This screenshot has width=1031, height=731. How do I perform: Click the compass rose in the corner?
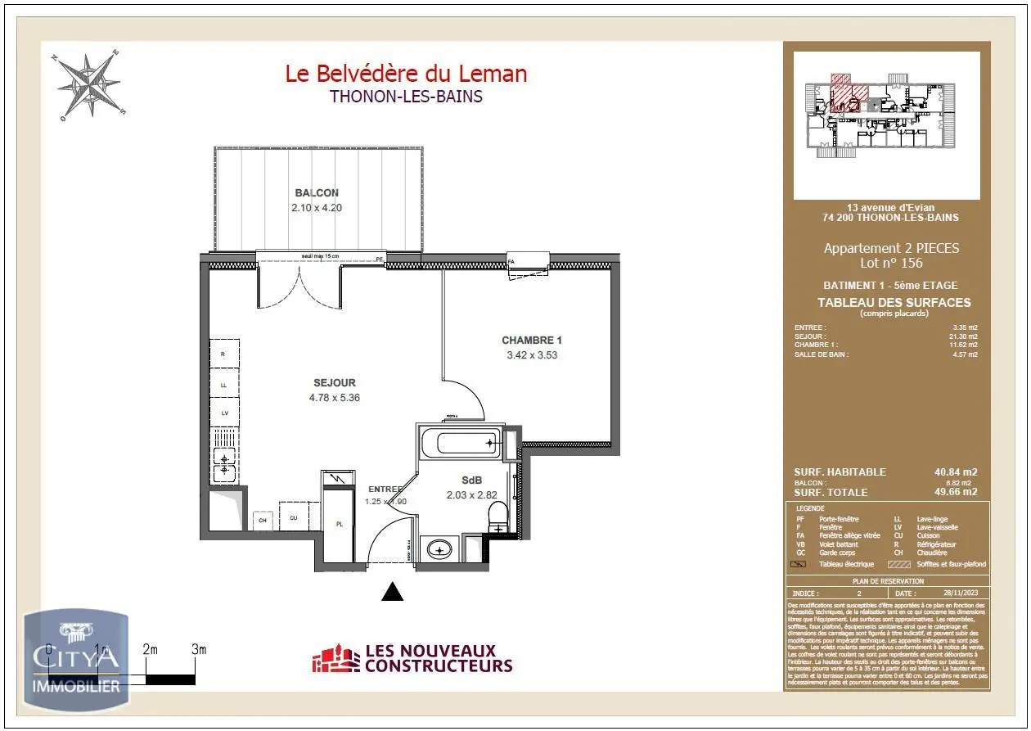point(88,85)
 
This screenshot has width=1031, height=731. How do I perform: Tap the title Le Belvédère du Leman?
point(406,74)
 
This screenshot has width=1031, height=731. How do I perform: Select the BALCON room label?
point(317,193)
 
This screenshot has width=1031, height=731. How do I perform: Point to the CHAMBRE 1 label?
point(532,340)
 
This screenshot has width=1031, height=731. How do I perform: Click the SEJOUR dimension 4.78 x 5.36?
point(334,398)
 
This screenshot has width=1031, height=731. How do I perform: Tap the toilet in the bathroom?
point(497,516)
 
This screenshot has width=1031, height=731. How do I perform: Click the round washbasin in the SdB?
point(440,548)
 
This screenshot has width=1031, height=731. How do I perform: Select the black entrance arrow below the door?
point(393,592)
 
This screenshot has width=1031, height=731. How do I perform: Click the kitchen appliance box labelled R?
point(223,354)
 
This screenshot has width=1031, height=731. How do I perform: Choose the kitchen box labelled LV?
point(223,413)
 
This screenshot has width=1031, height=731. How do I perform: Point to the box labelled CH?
point(263,520)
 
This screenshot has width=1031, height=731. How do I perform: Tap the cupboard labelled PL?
point(339,525)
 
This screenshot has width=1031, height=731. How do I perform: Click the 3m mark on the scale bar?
point(198,649)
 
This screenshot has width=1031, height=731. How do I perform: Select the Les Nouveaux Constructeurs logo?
point(412,659)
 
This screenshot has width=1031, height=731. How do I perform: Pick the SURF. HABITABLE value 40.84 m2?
point(956,472)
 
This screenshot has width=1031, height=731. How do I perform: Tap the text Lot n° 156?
point(890,263)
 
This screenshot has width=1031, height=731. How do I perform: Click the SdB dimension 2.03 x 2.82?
point(472,494)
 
